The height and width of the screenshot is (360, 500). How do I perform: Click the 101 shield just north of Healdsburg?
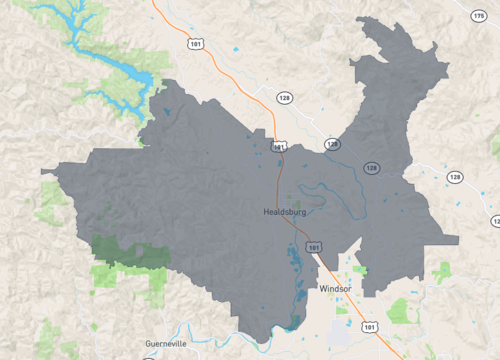coord(278,146)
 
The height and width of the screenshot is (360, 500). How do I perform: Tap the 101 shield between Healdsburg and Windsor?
coord(314,245)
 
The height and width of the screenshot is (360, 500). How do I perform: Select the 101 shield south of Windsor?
coord(371,326)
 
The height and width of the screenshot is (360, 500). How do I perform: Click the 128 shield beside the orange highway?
coord(284,97)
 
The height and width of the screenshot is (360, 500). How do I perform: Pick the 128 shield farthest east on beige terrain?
coord(455,177)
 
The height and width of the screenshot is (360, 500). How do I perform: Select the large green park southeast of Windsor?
coord(400,311)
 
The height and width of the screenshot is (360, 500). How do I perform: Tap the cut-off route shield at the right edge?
coord(495,221)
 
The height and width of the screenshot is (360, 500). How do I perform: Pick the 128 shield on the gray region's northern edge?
coord(331,144)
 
